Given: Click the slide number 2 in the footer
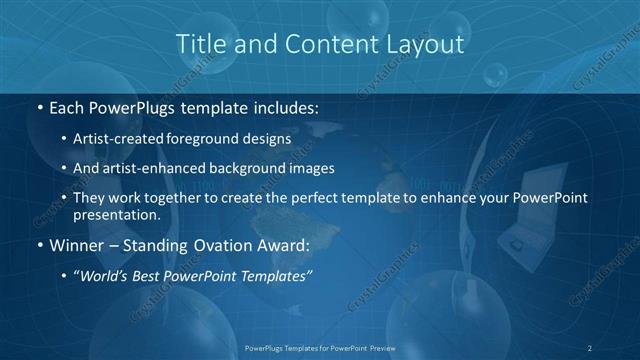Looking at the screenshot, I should tap(590, 347).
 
